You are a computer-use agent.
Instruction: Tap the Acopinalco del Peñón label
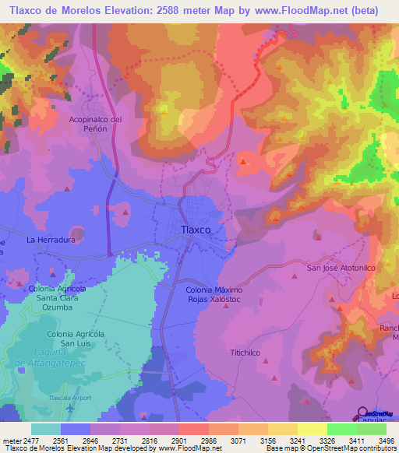pyautogui.click(x=97, y=124)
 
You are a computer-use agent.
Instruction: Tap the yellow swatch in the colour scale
pyautogui.click(x=312, y=429)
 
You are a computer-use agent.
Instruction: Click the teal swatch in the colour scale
pyautogui.click(x=46, y=429)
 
